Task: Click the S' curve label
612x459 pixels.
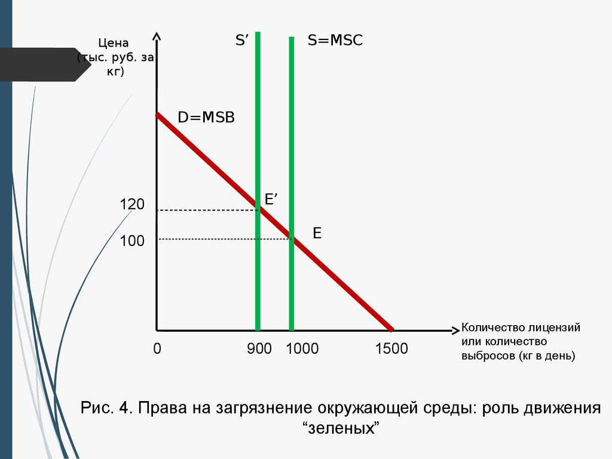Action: tap(241, 41)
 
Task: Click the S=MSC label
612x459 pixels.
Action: tap(335, 41)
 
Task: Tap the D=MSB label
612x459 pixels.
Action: tap(206, 117)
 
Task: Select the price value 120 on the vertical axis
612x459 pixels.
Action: tap(132, 204)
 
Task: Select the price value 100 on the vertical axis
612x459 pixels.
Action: tap(132, 241)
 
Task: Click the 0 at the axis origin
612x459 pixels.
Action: tap(157, 348)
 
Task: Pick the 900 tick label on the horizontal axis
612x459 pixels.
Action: tap(259, 348)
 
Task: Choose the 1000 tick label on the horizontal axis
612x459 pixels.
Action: tap(302, 348)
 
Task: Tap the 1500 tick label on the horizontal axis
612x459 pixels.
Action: tap(391, 348)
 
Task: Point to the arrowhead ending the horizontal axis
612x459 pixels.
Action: tap(455, 330)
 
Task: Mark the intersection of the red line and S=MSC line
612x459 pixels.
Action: tap(292, 238)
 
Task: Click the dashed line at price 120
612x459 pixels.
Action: tap(206, 210)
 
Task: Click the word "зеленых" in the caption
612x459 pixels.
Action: tap(342, 429)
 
